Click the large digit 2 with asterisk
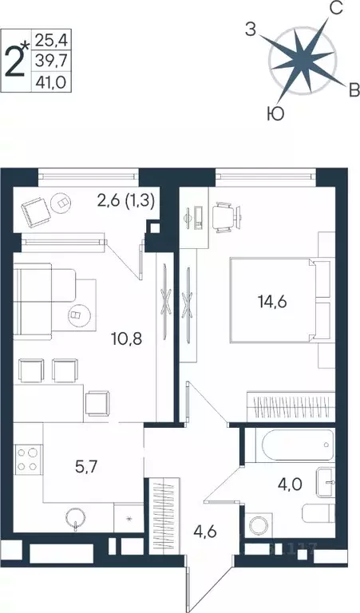(x=17, y=57)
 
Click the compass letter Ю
(x=275, y=114)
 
